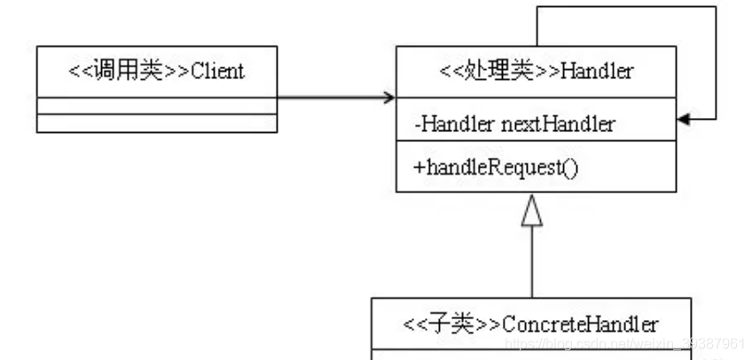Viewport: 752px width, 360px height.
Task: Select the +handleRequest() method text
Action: (x=496, y=166)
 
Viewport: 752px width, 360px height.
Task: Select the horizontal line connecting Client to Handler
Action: (x=333, y=97)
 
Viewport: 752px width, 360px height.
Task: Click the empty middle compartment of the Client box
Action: (x=156, y=106)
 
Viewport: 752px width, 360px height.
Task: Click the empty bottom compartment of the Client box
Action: (x=156, y=123)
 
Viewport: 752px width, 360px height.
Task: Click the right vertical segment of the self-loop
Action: (x=715, y=62)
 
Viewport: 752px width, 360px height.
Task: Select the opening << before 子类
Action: (x=414, y=324)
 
